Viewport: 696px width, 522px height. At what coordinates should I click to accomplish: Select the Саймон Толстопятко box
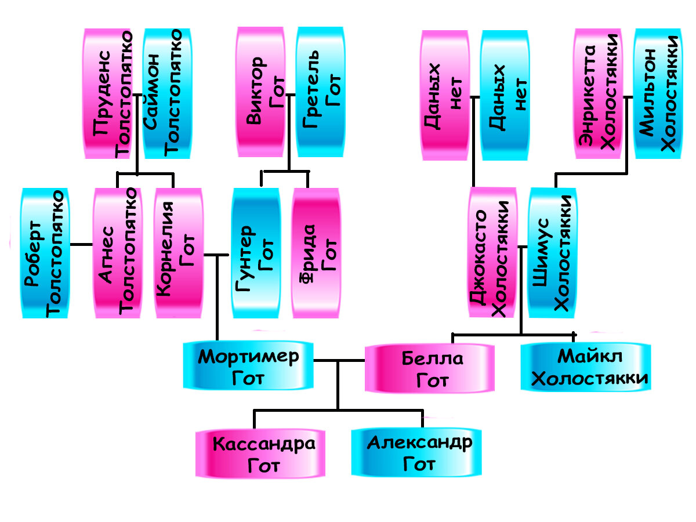coord(166,94)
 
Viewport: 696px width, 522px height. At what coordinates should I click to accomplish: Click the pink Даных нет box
coord(445,95)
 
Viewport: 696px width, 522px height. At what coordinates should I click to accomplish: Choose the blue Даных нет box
coord(505,95)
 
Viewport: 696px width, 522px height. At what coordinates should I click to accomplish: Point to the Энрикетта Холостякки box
coord(597,94)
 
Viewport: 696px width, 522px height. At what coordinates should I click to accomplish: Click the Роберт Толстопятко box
coord(45,253)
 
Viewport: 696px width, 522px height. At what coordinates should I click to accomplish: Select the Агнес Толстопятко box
coord(117,253)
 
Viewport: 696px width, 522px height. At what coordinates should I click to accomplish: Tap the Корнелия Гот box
coord(179,253)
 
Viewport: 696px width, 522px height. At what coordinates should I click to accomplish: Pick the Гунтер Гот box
coord(255,253)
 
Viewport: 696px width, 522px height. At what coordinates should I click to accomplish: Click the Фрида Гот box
coord(315,253)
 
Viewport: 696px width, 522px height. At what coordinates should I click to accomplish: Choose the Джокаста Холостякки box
coord(492,253)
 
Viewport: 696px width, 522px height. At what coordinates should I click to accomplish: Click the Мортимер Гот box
coord(248,365)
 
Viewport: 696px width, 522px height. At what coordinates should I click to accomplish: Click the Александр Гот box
coord(417,452)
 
